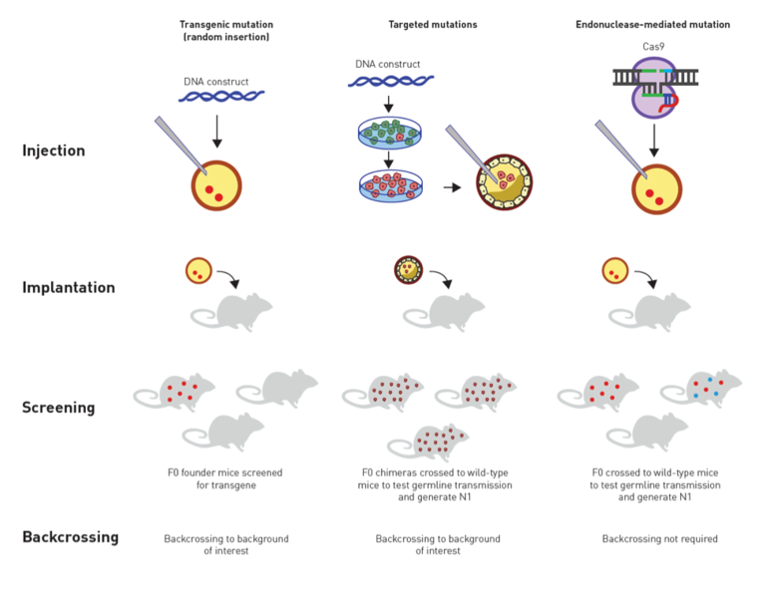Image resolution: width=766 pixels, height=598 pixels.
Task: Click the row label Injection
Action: pyautogui.click(x=54, y=150)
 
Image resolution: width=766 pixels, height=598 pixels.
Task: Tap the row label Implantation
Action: pyautogui.click(x=69, y=287)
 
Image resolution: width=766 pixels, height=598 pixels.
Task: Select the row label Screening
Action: pyautogui.click(x=59, y=407)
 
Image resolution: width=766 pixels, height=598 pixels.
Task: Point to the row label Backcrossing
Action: pyautogui.click(x=71, y=537)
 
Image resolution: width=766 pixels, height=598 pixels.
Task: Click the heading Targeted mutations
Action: pyautogui.click(x=433, y=24)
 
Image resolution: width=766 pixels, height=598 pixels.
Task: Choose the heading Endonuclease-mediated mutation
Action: pyautogui.click(x=652, y=24)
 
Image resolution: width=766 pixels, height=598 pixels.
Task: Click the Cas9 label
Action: pyautogui.click(x=653, y=47)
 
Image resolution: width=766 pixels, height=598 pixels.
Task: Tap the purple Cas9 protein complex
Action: pyautogui.click(x=654, y=88)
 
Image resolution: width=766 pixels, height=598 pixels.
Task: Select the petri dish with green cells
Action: pyautogui.click(x=389, y=133)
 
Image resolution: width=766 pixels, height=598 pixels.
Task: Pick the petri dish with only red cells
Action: pyautogui.click(x=391, y=186)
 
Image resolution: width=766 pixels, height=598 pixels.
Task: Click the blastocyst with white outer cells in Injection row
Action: pyautogui.click(x=504, y=182)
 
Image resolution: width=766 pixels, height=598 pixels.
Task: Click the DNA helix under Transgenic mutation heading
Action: pyautogui.click(x=221, y=96)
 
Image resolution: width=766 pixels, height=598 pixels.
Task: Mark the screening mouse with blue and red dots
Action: pyautogui.click(x=701, y=388)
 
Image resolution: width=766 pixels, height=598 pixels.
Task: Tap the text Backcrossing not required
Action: pyautogui.click(x=659, y=538)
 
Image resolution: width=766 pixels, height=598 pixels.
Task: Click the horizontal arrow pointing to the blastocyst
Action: pyautogui.click(x=453, y=187)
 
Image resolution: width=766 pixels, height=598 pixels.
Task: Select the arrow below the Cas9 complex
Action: pyautogui.click(x=654, y=141)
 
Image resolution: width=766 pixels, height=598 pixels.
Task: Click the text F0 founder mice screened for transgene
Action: pyautogui.click(x=225, y=478)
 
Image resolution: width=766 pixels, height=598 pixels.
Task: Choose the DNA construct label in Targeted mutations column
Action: pyautogui.click(x=387, y=64)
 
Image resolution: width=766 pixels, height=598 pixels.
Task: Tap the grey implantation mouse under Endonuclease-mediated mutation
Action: pyautogui.click(x=649, y=312)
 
